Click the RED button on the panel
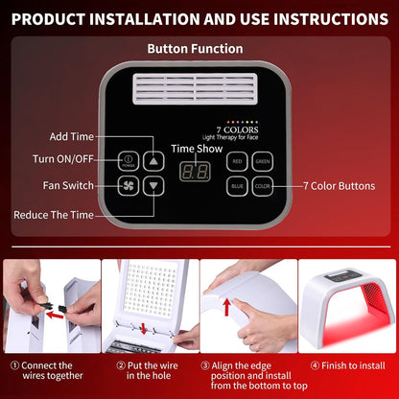point(237,162)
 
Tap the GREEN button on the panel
point(262,162)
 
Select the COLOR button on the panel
point(262,186)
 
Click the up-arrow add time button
point(153,161)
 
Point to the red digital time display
point(197,173)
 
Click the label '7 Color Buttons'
point(339,186)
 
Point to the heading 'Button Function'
point(195,48)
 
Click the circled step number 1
point(13,365)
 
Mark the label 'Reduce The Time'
point(54,215)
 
